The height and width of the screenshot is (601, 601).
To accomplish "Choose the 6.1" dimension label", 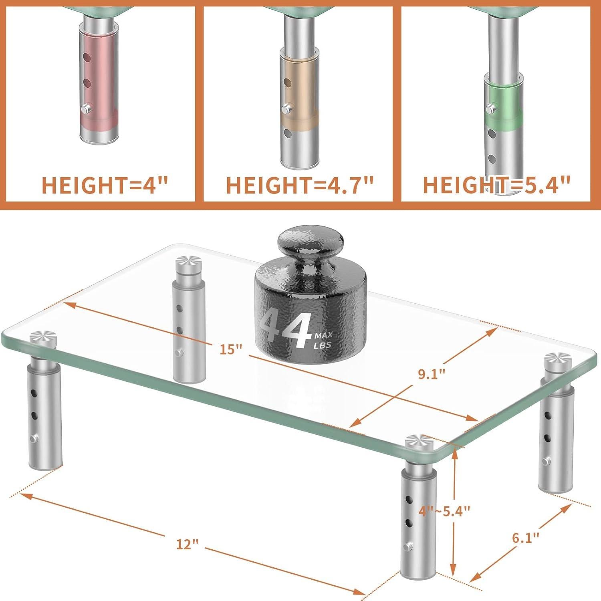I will (x=526, y=537).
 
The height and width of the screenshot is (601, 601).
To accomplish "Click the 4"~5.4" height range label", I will (x=444, y=511).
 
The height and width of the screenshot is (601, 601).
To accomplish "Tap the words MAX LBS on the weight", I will (x=323, y=340).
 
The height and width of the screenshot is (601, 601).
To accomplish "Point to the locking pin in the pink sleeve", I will (x=85, y=108).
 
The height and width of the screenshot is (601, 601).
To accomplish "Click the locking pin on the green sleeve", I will (x=489, y=109).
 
